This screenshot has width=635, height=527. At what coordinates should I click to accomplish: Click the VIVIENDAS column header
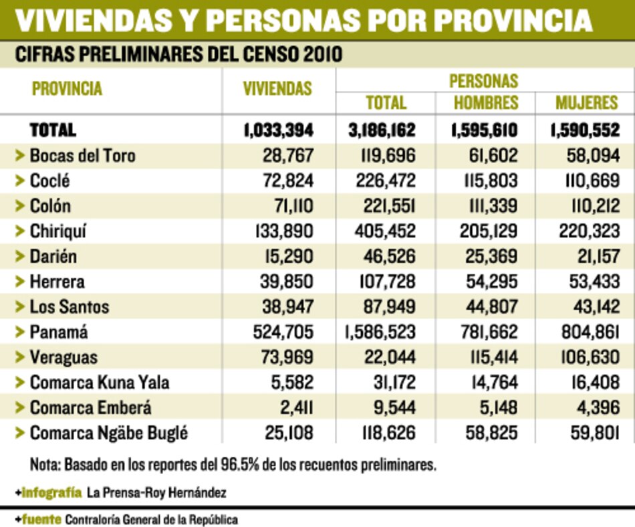(277, 89)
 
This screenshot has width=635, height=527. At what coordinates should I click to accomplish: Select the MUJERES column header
(586, 102)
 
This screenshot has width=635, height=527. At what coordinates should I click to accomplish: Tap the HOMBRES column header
(486, 102)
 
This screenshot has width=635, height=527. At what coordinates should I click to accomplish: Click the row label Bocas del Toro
(82, 156)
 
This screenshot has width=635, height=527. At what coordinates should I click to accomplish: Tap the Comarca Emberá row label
(90, 408)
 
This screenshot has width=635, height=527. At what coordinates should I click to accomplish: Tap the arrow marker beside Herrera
(19, 282)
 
